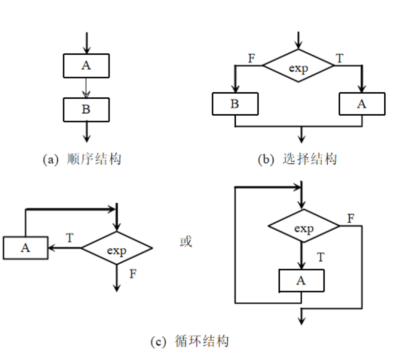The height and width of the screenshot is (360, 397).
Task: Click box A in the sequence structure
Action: [x=86, y=65]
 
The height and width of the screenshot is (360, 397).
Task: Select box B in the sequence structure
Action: [x=86, y=109]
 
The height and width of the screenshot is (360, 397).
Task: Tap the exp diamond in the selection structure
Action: [x=299, y=67]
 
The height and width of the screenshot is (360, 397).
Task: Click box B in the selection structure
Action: [x=235, y=104]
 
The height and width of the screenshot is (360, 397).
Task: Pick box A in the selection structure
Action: [x=361, y=104]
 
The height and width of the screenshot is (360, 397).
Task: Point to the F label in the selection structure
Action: [x=251, y=59]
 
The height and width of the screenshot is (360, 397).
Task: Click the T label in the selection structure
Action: [x=340, y=59]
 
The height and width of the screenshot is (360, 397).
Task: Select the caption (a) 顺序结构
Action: [x=82, y=159]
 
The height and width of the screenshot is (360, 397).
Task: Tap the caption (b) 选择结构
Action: [x=298, y=159]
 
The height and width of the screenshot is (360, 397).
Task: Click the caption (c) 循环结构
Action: [x=190, y=341]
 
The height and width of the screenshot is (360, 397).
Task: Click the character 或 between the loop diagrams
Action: [x=186, y=241]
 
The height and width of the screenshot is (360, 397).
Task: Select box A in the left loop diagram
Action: [x=25, y=248]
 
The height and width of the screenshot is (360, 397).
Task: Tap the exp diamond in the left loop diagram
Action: [x=117, y=250]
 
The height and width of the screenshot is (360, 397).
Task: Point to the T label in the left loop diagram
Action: [x=70, y=238]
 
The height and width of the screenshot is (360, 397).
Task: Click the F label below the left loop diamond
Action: [x=133, y=274]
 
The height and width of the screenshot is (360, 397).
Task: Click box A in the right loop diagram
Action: [x=301, y=280]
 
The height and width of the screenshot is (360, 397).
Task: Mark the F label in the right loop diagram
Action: [x=351, y=217]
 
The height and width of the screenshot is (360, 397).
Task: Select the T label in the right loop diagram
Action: [x=321, y=256]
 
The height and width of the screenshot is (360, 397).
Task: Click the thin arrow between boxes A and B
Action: [x=86, y=87]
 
